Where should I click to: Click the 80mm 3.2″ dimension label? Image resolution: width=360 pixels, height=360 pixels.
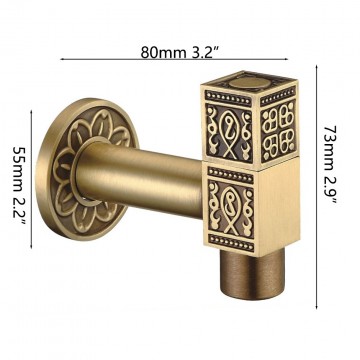(x=181, y=53)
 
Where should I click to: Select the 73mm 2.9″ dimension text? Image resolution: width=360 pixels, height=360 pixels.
(x=330, y=166)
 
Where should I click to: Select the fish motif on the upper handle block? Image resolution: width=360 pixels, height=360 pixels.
(x=229, y=134)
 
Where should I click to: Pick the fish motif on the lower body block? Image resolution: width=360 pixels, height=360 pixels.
(x=230, y=211)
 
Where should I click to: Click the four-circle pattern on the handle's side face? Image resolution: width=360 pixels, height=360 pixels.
(x=278, y=131)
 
